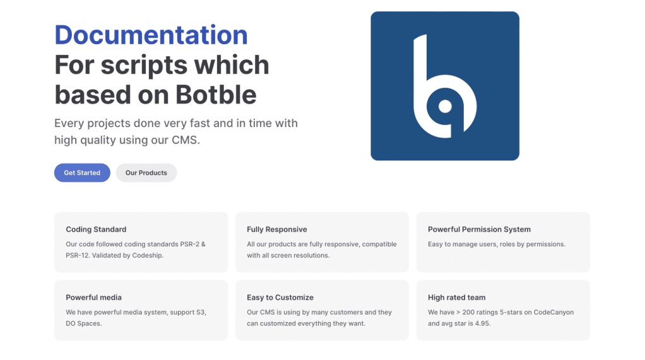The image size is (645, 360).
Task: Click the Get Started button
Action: point(82,173)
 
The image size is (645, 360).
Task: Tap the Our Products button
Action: point(146,173)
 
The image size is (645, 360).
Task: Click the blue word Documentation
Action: point(151,35)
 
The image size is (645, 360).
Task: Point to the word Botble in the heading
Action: point(216,95)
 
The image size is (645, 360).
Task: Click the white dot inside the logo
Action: point(445,106)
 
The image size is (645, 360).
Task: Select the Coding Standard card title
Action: point(96,229)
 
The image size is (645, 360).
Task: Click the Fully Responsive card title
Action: point(277,229)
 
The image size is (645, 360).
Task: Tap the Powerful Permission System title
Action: point(479,229)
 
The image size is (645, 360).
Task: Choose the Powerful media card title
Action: point(94,297)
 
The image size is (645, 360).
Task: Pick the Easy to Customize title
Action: point(280,297)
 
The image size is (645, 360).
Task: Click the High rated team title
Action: point(456,297)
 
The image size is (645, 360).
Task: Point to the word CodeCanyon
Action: point(553,312)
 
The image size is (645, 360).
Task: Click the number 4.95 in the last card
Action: point(483,323)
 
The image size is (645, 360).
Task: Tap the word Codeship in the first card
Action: point(148,256)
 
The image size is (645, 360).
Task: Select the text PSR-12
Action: point(77,256)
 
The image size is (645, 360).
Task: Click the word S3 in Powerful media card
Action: point(201,312)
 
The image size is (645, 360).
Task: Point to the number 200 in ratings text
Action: point(468,312)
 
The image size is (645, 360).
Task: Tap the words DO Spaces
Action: point(83,323)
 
